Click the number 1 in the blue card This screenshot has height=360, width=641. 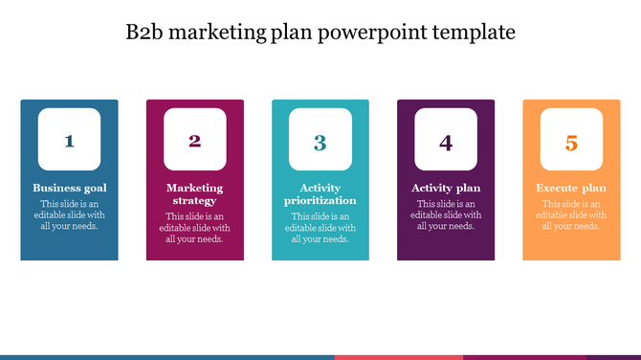(69, 142)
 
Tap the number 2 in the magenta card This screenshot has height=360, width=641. (194, 142)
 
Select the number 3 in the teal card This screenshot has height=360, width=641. (320, 143)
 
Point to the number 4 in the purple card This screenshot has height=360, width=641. (446, 143)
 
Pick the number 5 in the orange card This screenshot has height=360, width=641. (571, 143)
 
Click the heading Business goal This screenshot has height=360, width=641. (70, 188)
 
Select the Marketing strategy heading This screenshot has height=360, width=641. (195, 194)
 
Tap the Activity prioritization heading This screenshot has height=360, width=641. (320, 194)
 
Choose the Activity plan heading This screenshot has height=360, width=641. (446, 188)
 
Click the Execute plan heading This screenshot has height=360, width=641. (571, 188)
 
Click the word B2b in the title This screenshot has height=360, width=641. (146, 33)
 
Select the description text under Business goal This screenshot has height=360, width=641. (70, 214)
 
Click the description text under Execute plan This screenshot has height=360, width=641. (571, 214)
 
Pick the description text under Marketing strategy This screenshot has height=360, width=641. (195, 228)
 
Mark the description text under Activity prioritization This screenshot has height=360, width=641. (320, 228)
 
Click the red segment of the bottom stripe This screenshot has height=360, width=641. (397, 357)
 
